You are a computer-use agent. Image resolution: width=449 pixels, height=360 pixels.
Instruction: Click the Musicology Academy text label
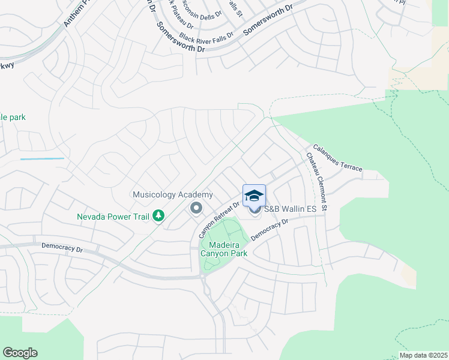point(172,195)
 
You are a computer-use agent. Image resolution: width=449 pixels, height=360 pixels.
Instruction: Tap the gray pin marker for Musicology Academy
point(196,209)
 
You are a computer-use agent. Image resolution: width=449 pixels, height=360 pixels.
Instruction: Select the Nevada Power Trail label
point(113,217)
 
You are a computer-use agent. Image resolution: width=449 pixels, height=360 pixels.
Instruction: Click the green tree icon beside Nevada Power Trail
point(158,215)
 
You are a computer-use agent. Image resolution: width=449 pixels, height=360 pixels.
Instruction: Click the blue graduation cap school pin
point(254,196)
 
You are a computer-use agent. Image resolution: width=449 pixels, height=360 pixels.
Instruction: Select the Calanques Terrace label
point(337,158)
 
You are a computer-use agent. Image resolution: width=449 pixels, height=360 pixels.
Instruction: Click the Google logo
point(20,353)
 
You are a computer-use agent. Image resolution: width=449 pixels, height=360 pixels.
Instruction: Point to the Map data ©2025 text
point(423,355)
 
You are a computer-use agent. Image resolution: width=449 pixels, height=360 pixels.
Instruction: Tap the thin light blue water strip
point(42,159)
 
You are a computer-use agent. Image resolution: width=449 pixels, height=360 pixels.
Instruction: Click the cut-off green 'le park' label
point(13,118)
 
